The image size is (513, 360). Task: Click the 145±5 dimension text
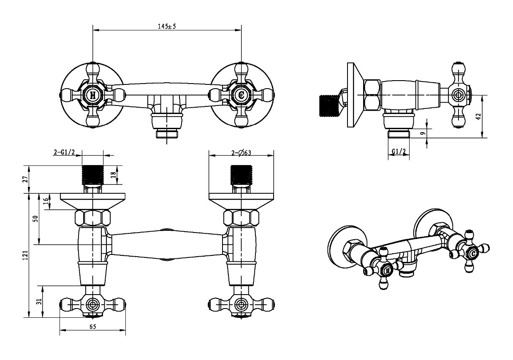click(x=167, y=26)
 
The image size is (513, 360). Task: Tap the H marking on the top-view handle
click(x=93, y=95)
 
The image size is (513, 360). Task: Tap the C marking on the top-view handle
click(x=241, y=95)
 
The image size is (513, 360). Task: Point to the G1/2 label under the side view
click(x=399, y=151)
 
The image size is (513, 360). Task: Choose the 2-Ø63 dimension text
click(x=241, y=153)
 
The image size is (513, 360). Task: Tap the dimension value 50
click(x=36, y=219)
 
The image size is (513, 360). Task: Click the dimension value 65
click(x=93, y=326)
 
